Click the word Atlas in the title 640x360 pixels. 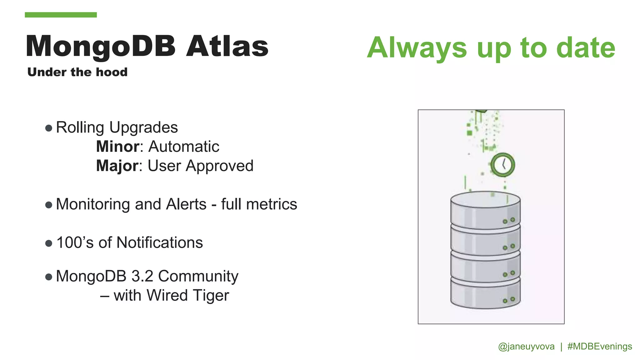[x=227, y=47]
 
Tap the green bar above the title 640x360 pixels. [x=61, y=15]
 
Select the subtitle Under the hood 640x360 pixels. [x=77, y=72]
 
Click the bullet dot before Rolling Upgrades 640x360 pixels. [x=48, y=128]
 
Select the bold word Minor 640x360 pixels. [x=117, y=147]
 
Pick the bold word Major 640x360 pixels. [x=117, y=166]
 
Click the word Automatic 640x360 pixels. [x=184, y=147]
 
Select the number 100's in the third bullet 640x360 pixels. [x=75, y=243]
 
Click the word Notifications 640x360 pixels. [x=160, y=243]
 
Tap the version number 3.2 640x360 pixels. [x=142, y=276]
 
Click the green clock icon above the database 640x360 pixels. [x=502, y=165]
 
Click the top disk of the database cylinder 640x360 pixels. [x=485, y=209]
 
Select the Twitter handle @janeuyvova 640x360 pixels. [x=526, y=346]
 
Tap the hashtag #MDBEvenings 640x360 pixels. [x=599, y=346]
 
